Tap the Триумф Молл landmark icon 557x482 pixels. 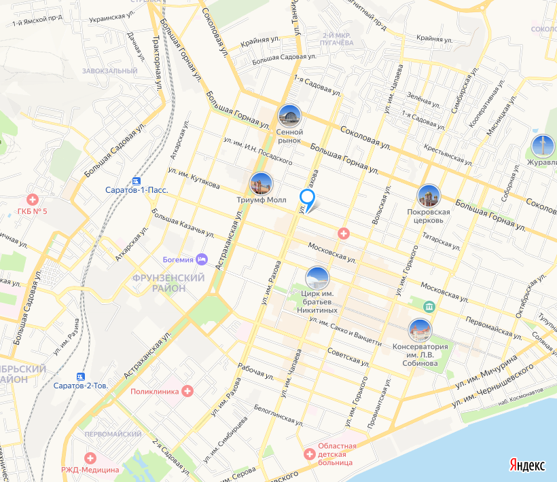coord(261,184)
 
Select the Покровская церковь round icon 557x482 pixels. coord(428,196)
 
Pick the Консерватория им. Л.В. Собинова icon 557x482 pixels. coord(420,331)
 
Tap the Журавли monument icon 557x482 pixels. coord(542,146)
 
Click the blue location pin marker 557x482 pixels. coord(307,200)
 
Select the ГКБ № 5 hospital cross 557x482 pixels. coord(31,200)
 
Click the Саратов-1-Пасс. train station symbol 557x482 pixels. coord(137,182)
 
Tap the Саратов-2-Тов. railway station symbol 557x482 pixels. coord(82,377)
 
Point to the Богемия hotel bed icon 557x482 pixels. coord(202,259)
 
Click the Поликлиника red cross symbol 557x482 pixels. coord(187,391)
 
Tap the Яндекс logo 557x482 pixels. coord(527,465)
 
